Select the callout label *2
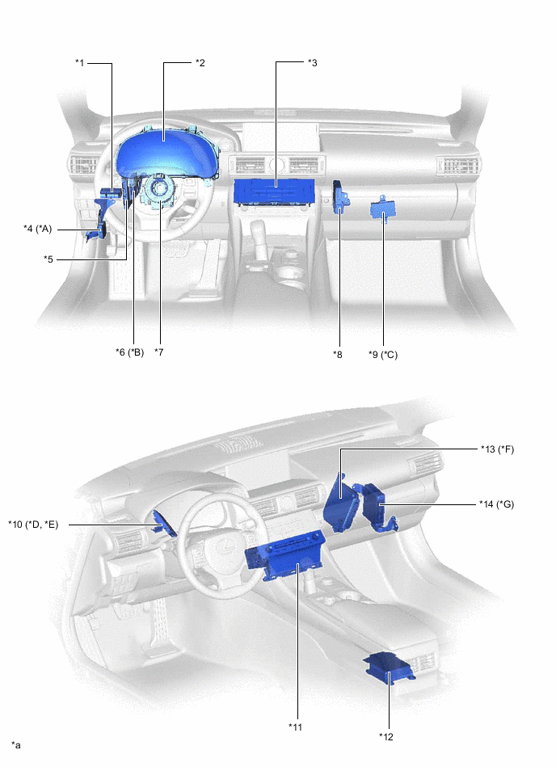pos(200,62)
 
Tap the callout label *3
pos(312,62)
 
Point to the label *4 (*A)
pos(38,229)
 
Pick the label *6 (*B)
pos(129,352)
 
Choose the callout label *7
pos(161,352)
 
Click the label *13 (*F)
pos(497,449)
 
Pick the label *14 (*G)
pos(497,504)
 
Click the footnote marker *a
pos(16,744)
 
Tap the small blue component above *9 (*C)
pos(381,209)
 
